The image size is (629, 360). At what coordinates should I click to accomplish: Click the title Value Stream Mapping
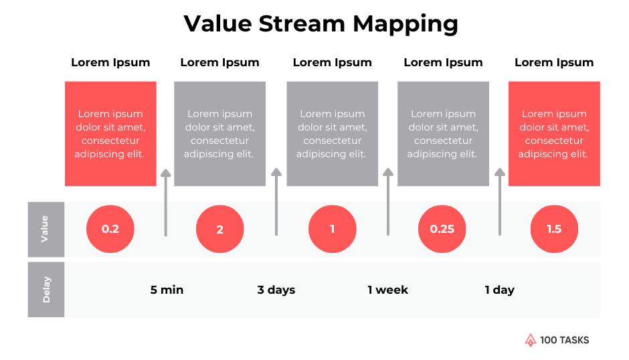pos(321,24)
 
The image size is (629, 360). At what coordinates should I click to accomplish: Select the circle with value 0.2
pos(110,229)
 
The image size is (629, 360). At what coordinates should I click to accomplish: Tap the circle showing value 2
pos(219,229)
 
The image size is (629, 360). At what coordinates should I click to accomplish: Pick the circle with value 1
pos(332,229)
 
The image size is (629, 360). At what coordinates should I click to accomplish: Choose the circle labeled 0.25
pos(442,229)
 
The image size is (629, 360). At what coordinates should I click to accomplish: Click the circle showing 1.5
pos(554,229)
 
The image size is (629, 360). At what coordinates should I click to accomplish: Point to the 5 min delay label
pos(167,290)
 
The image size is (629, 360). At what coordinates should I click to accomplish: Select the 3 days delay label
pos(276,290)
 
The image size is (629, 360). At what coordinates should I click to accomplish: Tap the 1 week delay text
pos(387,290)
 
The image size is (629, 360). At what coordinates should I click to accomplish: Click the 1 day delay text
pos(499,290)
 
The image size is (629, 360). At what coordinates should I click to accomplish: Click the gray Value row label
pos(46,229)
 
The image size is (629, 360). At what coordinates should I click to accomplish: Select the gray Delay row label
pos(46,290)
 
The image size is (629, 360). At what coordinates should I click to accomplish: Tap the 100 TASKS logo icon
pos(531,340)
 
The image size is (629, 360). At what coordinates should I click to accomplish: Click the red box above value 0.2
pos(110,134)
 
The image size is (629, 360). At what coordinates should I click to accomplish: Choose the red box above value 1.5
pos(554,134)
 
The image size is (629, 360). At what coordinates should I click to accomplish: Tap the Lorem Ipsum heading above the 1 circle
pos(332,62)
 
